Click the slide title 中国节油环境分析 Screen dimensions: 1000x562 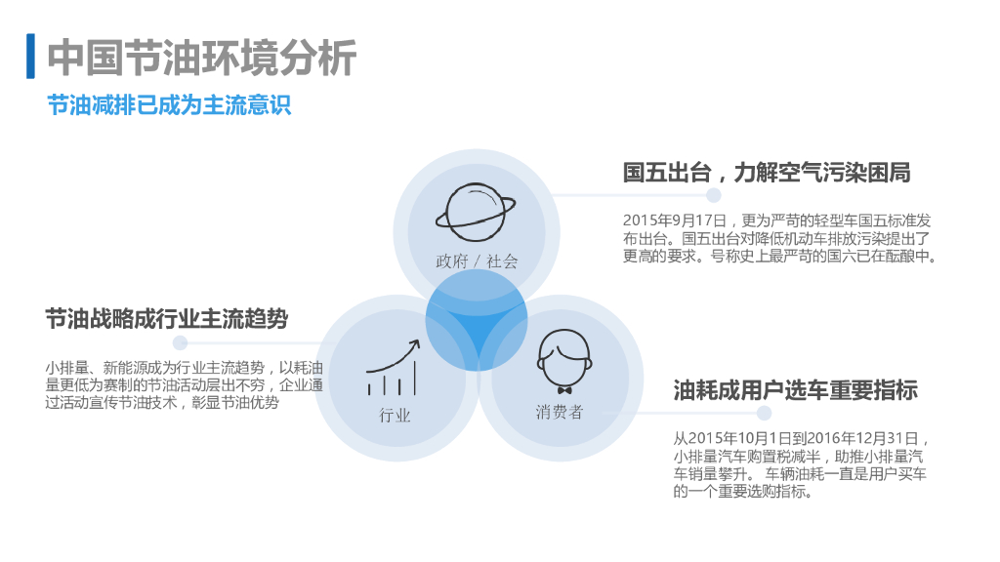click(202, 58)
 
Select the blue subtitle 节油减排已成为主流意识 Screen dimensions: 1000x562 click(169, 104)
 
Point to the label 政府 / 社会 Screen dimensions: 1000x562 click(477, 261)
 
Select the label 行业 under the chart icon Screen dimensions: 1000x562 click(396, 416)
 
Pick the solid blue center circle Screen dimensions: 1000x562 click(477, 320)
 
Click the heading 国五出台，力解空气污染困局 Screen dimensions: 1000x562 click(767, 173)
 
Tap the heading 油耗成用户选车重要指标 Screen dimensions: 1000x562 click(796, 391)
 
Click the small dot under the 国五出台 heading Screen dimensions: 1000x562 click(714, 195)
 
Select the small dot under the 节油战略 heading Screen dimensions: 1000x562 click(180, 342)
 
